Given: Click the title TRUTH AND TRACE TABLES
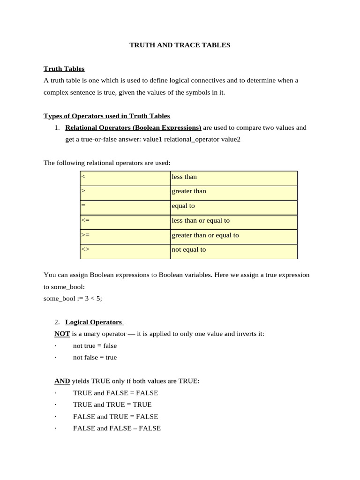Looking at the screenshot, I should (x=180, y=45).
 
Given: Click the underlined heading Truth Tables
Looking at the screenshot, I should (x=64, y=68).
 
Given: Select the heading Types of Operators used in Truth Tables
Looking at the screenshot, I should (x=106, y=116).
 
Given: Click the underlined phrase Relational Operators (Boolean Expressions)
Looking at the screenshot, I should (x=133, y=127).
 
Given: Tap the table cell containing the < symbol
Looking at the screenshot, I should (x=125, y=177).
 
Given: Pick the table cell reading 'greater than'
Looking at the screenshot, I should (x=233, y=191).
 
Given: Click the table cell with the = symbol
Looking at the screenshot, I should (x=125, y=206).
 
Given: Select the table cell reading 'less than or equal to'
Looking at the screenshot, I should (x=233, y=221).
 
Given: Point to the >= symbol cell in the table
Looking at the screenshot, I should (x=125, y=235).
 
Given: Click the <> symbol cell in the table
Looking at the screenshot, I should (x=125, y=250).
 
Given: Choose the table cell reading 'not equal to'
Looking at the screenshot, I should (x=233, y=250).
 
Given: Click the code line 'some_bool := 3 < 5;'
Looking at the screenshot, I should (x=73, y=298).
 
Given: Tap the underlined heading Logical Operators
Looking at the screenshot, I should (x=94, y=322).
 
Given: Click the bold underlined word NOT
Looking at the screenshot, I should (x=62, y=334).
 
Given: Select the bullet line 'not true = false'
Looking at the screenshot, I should (x=95, y=345).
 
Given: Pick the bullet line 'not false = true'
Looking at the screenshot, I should (x=95, y=357).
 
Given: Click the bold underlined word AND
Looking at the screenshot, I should (x=62, y=381).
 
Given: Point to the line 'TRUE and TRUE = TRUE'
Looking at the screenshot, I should (x=112, y=405).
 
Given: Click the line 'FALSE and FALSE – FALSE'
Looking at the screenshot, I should (x=117, y=428).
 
